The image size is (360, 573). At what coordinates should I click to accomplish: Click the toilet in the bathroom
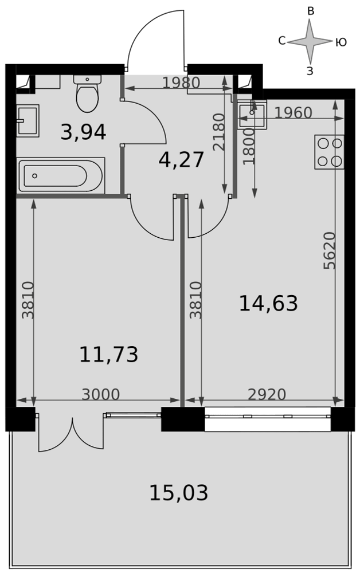point(87,93)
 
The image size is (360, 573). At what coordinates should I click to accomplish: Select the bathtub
point(61,176)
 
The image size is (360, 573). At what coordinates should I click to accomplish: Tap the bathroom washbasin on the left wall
point(28,120)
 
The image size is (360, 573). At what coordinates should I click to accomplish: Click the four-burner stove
point(329,152)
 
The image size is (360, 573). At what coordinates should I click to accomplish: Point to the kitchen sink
point(252,115)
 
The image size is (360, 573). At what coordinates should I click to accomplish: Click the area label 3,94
point(83,132)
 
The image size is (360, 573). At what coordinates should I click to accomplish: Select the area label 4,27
point(181,160)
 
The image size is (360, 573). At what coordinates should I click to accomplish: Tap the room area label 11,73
point(108,355)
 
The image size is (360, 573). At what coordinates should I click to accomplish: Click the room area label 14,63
point(268,303)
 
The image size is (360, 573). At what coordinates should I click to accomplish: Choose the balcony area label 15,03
point(179,493)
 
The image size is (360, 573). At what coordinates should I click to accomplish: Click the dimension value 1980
point(181,83)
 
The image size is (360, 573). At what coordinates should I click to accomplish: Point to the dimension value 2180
point(218,132)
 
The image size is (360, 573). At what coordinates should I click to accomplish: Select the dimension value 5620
point(329,251)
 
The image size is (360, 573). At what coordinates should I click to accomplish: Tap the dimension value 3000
point(100,395)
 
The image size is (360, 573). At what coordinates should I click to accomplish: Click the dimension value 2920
point(267,395)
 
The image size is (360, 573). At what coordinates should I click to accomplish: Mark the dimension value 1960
point(293,113)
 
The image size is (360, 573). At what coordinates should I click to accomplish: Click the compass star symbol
point(310,41)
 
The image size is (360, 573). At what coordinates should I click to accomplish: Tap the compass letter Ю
point(341,43)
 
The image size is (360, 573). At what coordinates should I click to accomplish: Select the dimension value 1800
point(249,147)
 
